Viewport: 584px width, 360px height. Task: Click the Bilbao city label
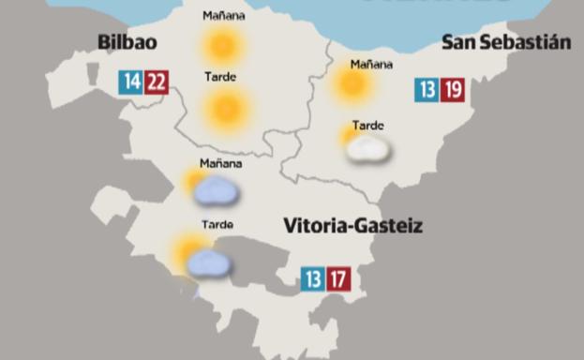127,43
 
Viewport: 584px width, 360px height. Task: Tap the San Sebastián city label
505,43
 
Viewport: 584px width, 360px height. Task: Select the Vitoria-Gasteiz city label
353,226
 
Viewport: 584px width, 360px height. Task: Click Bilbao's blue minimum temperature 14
130,82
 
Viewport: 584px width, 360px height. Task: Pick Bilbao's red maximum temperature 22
156,82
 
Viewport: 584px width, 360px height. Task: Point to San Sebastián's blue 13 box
427,90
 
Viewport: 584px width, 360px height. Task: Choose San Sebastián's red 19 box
454,90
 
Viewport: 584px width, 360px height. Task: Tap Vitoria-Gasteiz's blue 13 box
313,278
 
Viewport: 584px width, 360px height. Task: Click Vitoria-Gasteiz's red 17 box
338,278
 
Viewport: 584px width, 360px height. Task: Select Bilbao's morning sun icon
222,46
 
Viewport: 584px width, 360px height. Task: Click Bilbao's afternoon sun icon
226,109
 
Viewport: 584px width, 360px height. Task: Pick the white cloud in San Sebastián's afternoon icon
368,149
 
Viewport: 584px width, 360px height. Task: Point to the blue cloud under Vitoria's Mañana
217,192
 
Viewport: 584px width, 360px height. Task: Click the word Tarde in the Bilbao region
220,77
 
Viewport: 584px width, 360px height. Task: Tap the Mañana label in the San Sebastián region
370,65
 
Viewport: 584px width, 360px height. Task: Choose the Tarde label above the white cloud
367,126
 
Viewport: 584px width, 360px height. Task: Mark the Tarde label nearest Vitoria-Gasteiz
217,225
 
